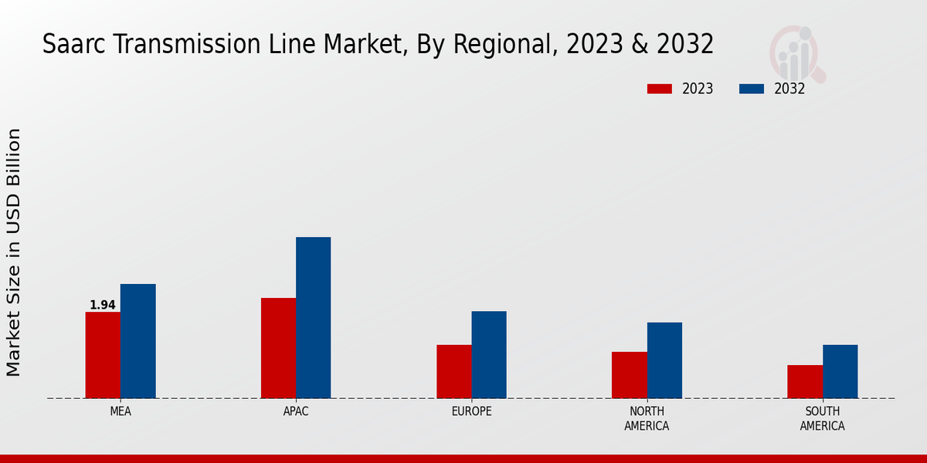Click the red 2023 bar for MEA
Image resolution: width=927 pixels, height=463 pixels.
[x=103, y=355]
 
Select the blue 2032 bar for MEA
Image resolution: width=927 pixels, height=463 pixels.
[x=138, y=341]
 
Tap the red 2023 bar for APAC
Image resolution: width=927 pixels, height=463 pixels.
[x=278, y=348]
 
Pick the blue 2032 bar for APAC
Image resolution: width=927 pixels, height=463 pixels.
[x=313, y=317]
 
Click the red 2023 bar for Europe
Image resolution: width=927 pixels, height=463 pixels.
[x=453, y=371]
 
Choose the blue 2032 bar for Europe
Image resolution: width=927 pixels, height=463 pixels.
[x=489, y=354]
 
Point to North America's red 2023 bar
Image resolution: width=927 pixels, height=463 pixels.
[x=629, y=375]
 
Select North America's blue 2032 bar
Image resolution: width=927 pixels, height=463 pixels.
[x=664, y=360]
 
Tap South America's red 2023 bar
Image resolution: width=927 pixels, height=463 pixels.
[x=805, y=381]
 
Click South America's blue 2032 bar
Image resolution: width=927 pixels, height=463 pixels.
[x=840, y=371]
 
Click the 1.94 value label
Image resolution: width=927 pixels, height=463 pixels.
[x=103, y=306]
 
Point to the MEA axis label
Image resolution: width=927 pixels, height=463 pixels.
[x=121, y=412]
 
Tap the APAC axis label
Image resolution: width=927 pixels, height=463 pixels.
[x=296, y=412]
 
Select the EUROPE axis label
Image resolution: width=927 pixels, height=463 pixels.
[x=471, y=412]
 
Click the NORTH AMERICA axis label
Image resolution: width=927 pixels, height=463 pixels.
[x=647, y=419]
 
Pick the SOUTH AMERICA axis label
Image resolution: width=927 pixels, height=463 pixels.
[x=822, y=419]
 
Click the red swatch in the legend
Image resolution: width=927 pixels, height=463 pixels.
[x=659, y=89]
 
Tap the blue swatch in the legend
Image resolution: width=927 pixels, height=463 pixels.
[x=751, y=89]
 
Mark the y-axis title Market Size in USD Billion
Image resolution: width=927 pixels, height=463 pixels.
[x=14, y=252]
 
